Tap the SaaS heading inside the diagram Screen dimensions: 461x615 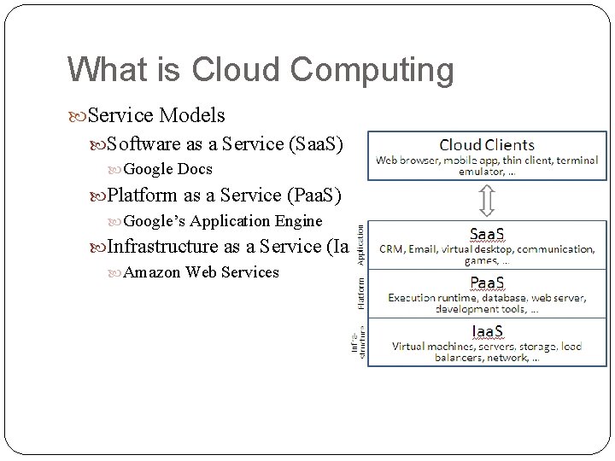point(488,233)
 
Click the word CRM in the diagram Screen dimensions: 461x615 point(393,249)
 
